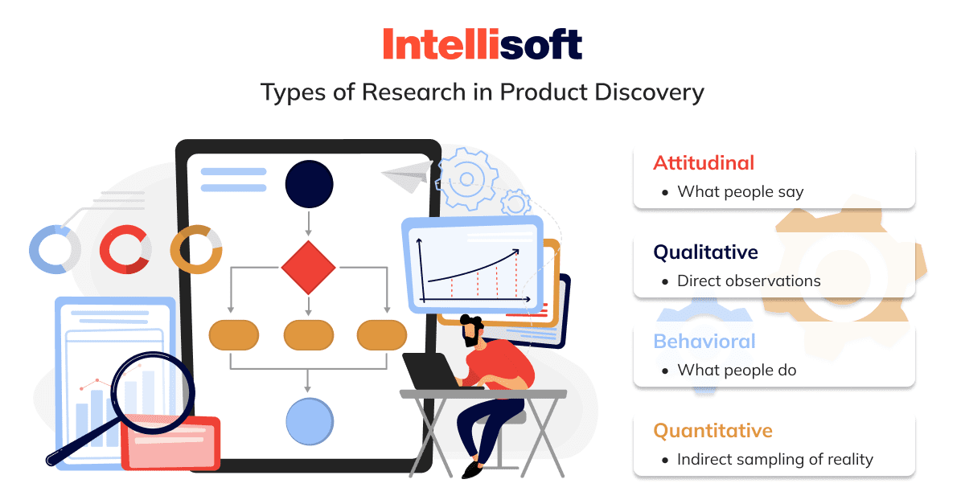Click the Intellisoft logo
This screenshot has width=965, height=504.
pyautogui.click(x=482, y=43)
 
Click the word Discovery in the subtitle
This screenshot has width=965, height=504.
pyautogui.click(x=649, y=93)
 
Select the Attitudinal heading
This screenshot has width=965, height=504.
pyautogui.click(x=704, y=163)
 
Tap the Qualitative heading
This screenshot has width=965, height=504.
pyautogui.click(x=705, y=252)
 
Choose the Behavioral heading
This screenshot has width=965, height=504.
pyautogui.click(x=704, y=341)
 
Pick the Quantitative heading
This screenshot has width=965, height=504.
pyautogui.click(x=713, y=430)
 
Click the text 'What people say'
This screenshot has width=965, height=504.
pyautogui.click(x=741, y=191)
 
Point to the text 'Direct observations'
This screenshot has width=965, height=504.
pyautogui.click(x=749, y=281)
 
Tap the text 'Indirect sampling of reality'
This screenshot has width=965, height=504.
pyautogui.click(x=775, y=460)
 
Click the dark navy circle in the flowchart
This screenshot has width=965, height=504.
pyautogui.click(x=309, y=184)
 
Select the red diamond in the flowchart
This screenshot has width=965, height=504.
pyautogui.click(x=309, y=268)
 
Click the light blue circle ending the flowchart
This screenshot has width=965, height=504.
pyautogui.click(x=310, y=421)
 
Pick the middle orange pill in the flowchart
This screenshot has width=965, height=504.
pyautogui.click(x=309, y=334)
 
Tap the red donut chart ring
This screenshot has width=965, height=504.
pyautogui.click(x=105, y=250)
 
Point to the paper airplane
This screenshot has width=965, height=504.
pyautogui.click(x=407, y=177)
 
